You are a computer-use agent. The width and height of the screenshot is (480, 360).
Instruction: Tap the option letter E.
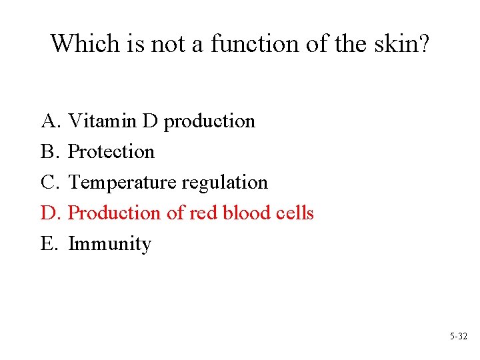click(50, 244)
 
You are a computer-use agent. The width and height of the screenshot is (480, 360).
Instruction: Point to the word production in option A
click(209, 122)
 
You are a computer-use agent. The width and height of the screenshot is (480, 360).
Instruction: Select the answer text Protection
click(111, 152)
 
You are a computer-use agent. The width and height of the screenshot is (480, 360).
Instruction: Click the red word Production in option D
click(115, 213)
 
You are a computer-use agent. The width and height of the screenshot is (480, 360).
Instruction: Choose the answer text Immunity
click(110, 245)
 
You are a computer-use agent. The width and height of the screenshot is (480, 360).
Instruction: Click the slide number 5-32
click(459, 337)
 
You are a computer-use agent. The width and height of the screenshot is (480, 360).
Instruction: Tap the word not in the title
click(166, 44)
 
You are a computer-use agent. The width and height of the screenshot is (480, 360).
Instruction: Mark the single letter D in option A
click(149, 121)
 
